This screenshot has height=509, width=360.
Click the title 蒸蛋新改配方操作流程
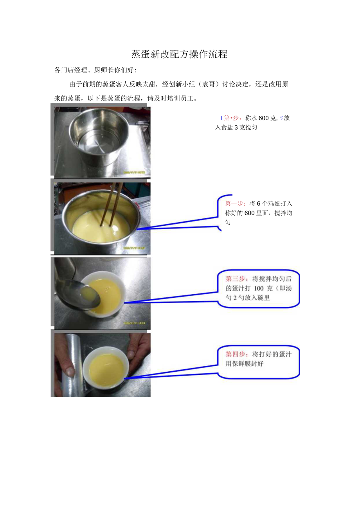point(179,54)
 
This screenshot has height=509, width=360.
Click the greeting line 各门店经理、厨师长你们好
point(95,70)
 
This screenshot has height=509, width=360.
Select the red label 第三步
point(236,279)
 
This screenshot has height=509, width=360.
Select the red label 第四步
point(236,354)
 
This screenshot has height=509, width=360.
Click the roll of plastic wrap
point(71,364)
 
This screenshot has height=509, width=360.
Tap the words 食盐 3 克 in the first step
point(233,128)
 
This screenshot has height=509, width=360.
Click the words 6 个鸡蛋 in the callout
point(266,203)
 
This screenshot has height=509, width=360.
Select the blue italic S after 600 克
point(281,118)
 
